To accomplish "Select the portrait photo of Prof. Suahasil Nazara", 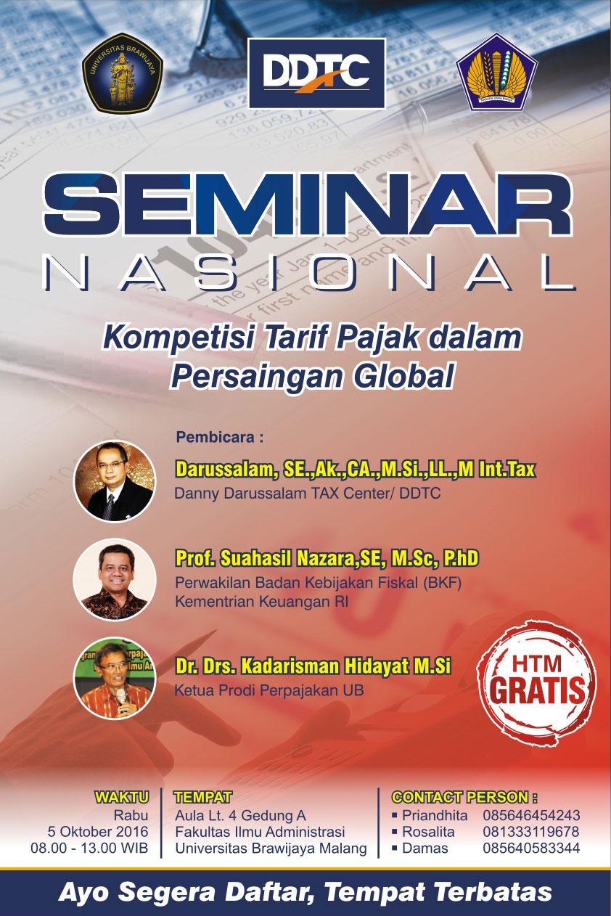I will (x=115, y=578).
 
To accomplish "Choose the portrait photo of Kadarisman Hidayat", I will (x=115, y=677).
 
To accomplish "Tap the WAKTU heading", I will (x=121, y=796).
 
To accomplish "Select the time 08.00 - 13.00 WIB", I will (x=89, y=848).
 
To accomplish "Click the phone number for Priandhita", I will (x=531, y=814).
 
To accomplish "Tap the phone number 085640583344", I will (x=531, y=848).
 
